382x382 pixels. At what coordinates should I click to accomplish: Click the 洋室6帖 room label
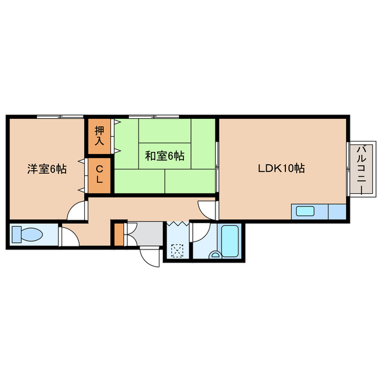46,169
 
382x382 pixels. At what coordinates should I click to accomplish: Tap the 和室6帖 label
165,156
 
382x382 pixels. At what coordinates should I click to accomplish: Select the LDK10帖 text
281,168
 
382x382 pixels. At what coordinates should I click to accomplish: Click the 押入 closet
100,134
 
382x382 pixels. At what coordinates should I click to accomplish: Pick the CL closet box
100,174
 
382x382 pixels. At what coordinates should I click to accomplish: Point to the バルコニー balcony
362,169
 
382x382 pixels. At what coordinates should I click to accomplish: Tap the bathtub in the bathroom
230,240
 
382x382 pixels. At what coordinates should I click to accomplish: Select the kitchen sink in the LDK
306,211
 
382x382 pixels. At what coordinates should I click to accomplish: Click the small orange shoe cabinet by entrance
119,234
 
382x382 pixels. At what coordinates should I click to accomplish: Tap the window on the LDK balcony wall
347,168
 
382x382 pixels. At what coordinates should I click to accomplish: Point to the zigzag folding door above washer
177,224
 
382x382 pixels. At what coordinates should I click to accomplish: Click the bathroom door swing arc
199,233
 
